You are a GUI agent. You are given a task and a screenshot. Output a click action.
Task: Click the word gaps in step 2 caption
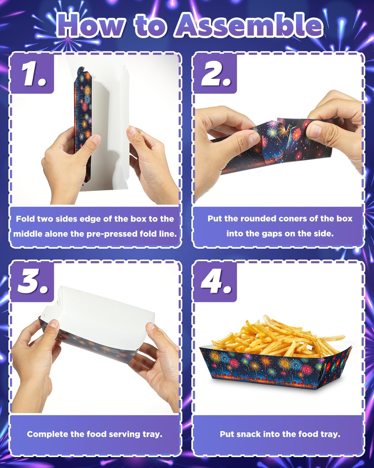point(272,234)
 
